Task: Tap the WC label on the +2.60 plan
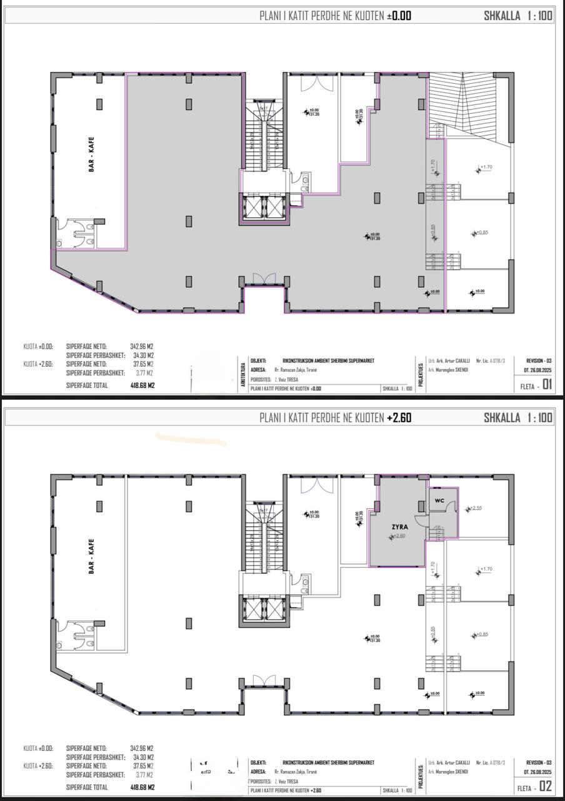[x=439, y=501]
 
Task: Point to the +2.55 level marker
[x=475, y=508]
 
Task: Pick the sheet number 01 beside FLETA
[x=547, y=385]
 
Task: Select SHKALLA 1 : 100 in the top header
[x=518, y=16]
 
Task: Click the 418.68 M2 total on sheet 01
[x=142, y=385]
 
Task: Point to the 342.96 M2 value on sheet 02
[x=142, y=748]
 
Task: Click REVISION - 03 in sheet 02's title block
[x=539, y=762]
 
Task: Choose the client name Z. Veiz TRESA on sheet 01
[x=286, y=379]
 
